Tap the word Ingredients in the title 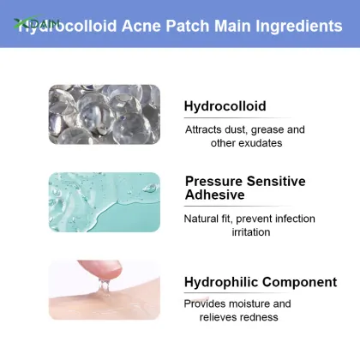pos(296,26)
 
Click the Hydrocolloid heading pos(225,106)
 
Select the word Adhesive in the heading pos(215,195)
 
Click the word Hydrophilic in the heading pos(223,282)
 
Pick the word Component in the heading pos(301,282)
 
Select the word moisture pos(252,303)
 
